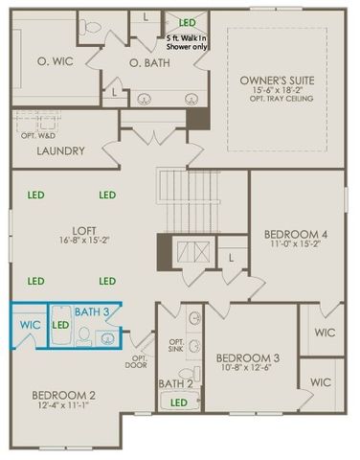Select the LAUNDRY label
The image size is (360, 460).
click(60, 151)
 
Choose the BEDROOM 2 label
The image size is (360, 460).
click(63, 396)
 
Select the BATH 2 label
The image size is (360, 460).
click(175, 384)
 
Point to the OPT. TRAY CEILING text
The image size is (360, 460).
click(277, 99)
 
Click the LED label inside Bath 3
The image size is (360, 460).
click(61, 326)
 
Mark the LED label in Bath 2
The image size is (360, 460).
click(178, 403)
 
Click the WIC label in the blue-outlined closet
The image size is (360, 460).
click(29, 326)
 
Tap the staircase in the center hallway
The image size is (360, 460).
click(182, 202)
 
